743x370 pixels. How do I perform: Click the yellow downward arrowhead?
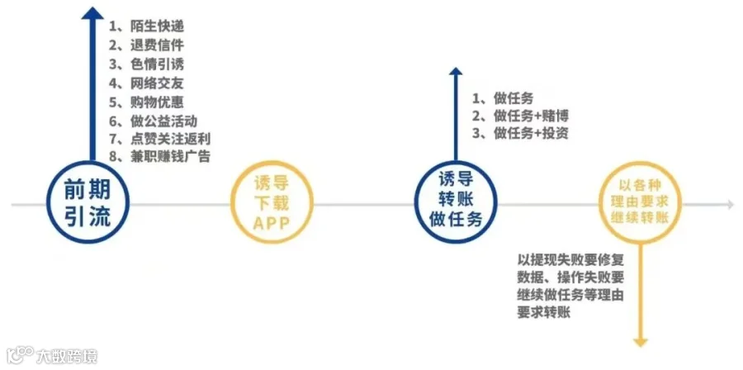[640, 340]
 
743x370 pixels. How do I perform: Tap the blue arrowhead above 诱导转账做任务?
[454, 74]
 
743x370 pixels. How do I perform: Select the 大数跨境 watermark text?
[66, 357]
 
